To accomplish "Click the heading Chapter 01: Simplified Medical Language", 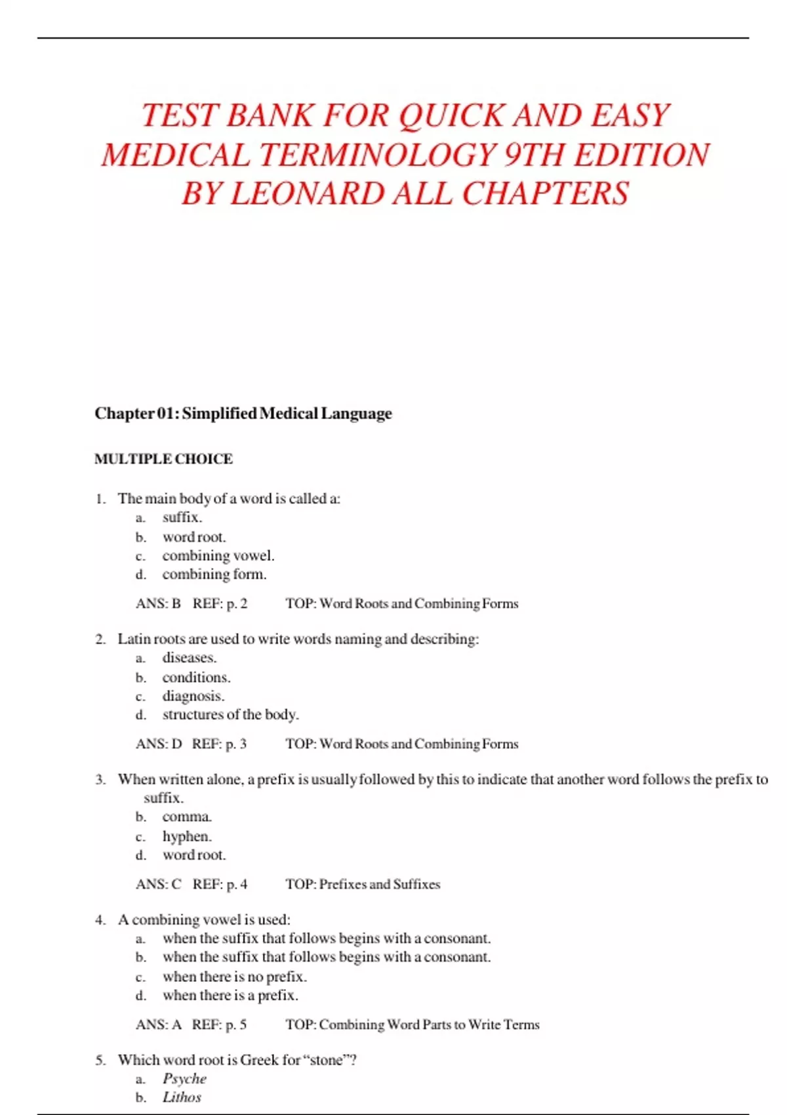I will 243,413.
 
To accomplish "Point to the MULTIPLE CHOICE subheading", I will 163,459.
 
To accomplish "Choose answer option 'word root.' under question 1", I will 194,537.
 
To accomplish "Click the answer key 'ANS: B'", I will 158,603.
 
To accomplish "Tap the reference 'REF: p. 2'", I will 220,603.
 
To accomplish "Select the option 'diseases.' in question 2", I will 190,658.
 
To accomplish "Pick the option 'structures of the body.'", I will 231,714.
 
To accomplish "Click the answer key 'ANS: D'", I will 159,744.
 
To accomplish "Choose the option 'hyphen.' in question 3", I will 187,836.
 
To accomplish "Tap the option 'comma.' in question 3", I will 187,817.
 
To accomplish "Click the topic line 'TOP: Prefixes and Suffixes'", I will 363,884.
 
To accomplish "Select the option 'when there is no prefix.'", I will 235,977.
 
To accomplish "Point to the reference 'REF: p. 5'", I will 219,1024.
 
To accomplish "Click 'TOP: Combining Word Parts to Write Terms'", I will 413,1024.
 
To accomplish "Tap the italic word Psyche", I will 184,1079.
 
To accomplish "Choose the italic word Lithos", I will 182,1097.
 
